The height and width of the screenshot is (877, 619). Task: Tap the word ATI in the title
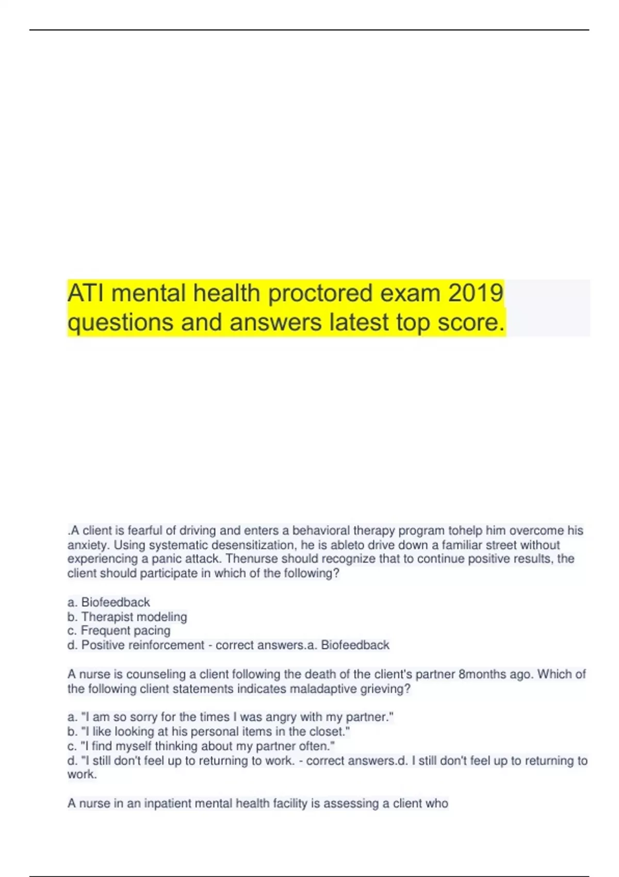coord(85,293)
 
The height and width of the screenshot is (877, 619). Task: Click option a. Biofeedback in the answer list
coord(109,602)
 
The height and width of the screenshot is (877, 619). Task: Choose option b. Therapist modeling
coord(127,616)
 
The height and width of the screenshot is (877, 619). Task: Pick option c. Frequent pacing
coord(119,630)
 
